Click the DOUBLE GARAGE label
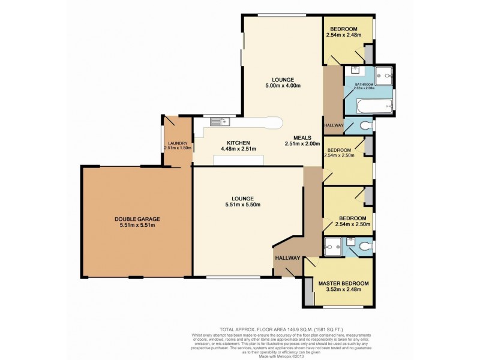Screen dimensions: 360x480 click(137, 219)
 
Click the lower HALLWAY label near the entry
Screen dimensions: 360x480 click(287, 257)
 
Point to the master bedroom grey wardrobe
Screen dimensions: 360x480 click(309, 292)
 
